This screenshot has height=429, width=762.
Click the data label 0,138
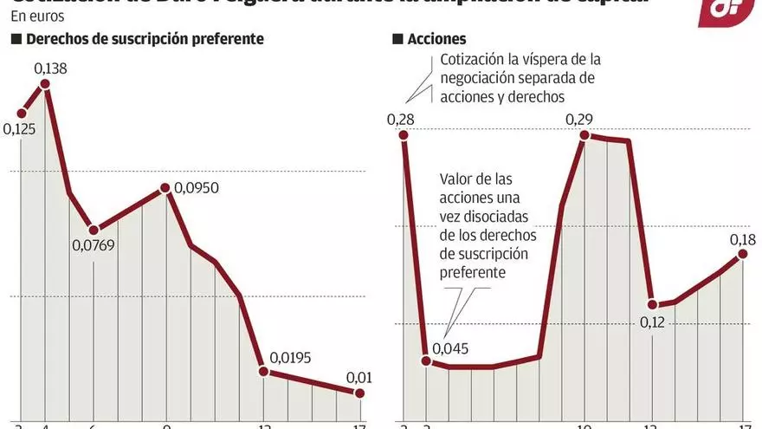(51, 67)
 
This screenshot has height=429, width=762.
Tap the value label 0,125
(20, 130)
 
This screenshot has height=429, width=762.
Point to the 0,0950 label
(195, 187)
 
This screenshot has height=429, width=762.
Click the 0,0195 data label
(290, 357)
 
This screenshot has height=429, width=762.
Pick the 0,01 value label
(358, 377)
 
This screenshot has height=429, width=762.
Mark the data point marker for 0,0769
(94, 230)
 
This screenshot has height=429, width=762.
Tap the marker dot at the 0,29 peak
(584, 135)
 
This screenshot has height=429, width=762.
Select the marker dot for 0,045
(426, 361)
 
